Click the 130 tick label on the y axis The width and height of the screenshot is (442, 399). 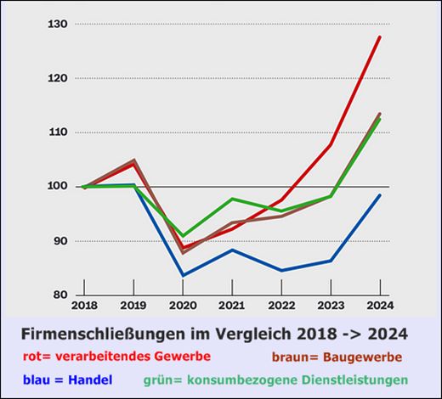click(x=57, y=24)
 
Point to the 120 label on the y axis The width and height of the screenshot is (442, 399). click(x=57, y=78)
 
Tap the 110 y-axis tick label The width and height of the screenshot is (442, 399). click(x=57, y=132)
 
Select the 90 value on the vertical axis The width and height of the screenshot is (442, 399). click(x=59, y=241)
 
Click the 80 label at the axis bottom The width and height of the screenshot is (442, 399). click(x=59, y=295)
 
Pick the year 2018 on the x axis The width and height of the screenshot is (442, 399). click(x=84, y=304)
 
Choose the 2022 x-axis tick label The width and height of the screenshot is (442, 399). click(x=281, y=304)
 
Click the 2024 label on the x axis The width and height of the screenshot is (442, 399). click(x=379, y=304)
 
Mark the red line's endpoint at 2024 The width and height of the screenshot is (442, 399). click(x=379, y=37)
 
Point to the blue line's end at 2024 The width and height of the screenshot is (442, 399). click(x=379, y=195)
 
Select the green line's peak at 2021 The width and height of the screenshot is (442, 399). click(x=232, y=199)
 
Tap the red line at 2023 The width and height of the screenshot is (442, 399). click(x=330, y=145)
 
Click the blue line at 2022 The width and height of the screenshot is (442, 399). click(x=281, y=271)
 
